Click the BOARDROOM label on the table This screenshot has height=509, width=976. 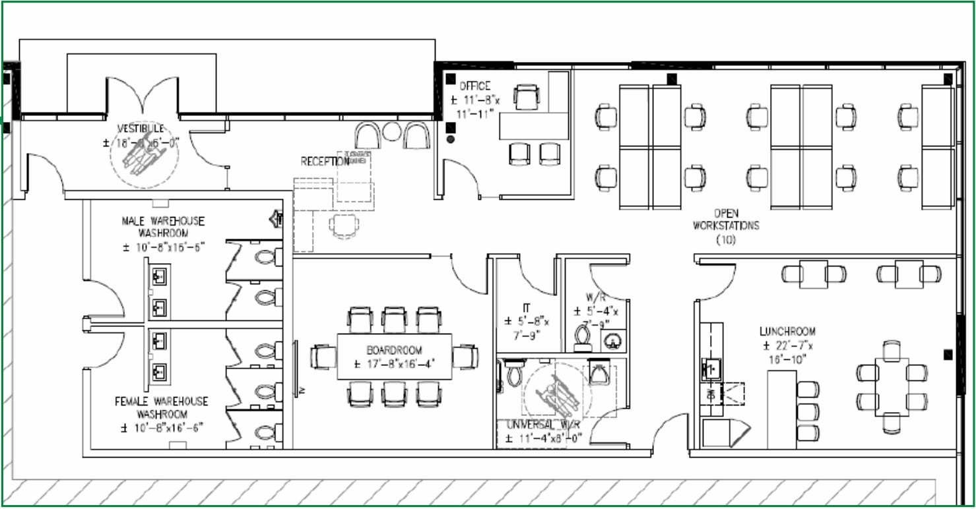click(x=395, y=350)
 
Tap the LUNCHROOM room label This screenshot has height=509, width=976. click(x=787, y=332)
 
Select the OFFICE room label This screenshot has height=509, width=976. click(x=475, y=86)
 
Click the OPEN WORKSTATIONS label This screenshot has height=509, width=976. click(x=726, y=220)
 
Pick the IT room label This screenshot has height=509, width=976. click(x=527, y=307)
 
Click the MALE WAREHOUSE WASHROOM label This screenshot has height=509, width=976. click(x=163, y=227)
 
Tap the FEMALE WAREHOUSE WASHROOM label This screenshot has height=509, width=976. click(x=162, y=407)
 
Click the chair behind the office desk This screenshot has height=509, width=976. click(x=527, y=98)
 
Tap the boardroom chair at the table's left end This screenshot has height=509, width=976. click(x=322, y=357)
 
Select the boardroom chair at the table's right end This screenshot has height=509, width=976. click(x=466, y=357)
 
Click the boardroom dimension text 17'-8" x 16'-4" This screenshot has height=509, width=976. click(x=395, y=363)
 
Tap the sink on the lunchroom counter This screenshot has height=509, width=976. click(x=710, y=368)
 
